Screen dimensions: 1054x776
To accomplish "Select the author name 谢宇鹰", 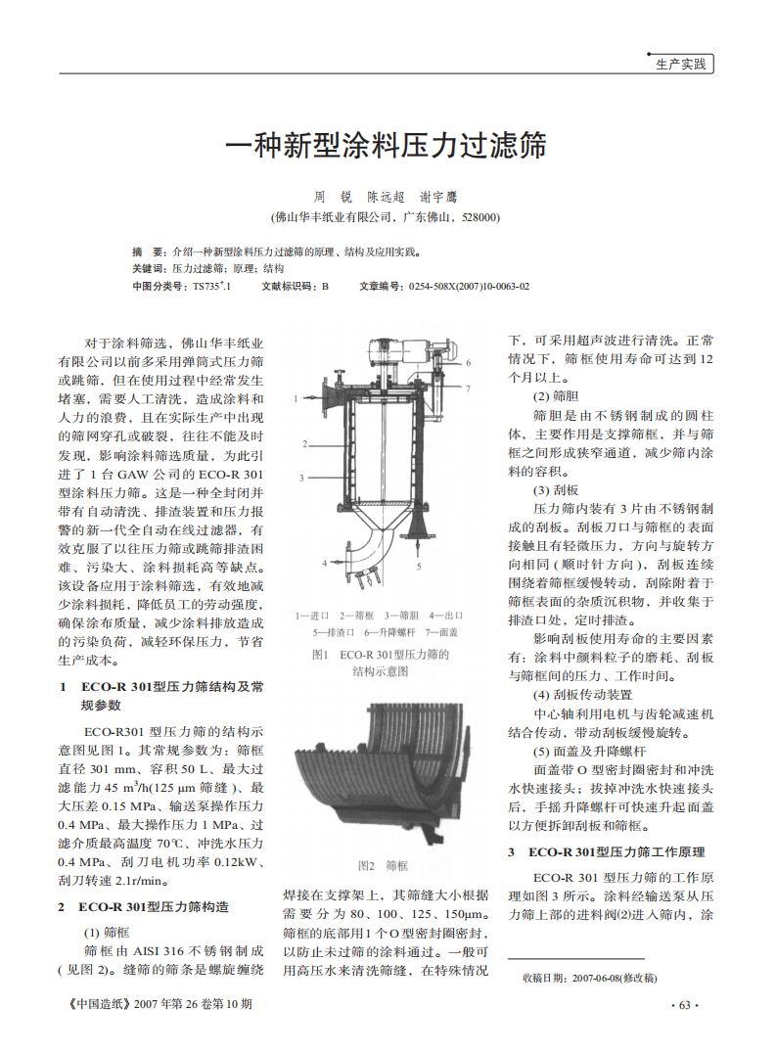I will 437,197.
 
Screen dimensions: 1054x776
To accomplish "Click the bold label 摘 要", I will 149,252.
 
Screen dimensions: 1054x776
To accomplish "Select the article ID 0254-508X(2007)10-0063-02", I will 469,286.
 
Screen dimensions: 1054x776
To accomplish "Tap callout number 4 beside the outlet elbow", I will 325,563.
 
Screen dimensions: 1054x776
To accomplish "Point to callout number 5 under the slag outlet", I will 419,566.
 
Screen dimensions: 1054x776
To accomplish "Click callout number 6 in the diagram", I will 469,363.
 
